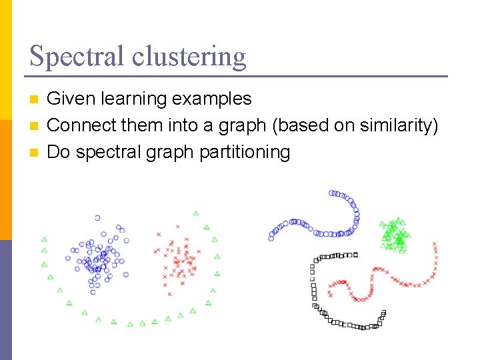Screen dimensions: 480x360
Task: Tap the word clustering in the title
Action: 189,56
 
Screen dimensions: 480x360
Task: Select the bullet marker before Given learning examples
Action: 35,100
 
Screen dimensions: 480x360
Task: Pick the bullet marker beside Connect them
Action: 35,126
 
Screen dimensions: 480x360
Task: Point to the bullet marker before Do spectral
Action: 35,153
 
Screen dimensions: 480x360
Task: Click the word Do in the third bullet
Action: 59,152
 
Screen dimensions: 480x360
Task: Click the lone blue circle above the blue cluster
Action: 97,218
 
